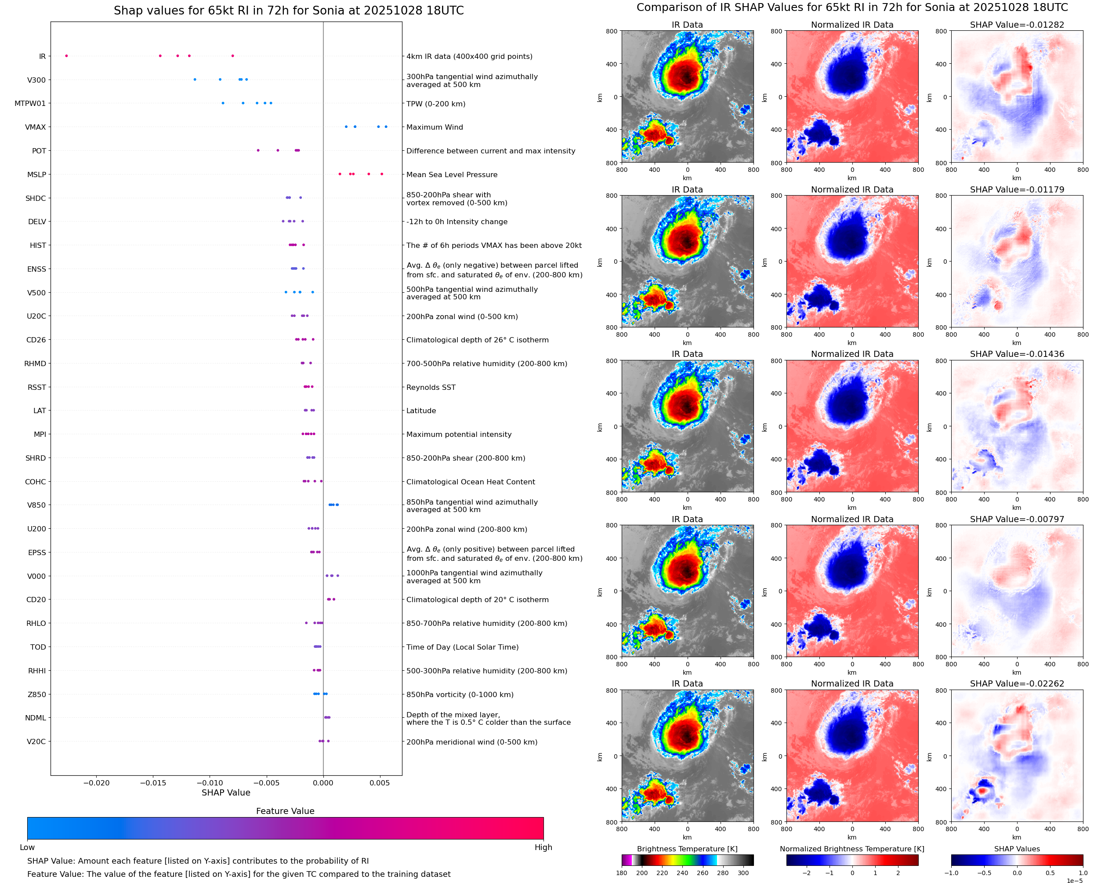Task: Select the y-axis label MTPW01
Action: point(30,103)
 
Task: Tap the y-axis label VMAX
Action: point(36,127)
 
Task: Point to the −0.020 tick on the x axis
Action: point(97,783)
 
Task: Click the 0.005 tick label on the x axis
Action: point(380,783)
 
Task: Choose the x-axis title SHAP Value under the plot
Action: point(226,792)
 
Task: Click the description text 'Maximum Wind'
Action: point(435,127)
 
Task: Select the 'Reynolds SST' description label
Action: point(431,387)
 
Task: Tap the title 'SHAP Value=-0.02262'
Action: point(1017,683)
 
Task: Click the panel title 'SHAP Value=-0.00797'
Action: point(1017,519)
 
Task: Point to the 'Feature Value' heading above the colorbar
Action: point(285,811)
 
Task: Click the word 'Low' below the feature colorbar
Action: point(27,847)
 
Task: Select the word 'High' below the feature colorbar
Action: point(543,847)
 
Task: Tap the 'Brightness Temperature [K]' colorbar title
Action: point(687,848)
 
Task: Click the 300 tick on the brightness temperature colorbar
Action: point(743,872)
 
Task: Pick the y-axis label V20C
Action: point(36,741)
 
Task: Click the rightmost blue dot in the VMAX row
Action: point(386,127)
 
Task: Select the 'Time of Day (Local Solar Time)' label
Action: point(463,647)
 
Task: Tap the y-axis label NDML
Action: point(36,718)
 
